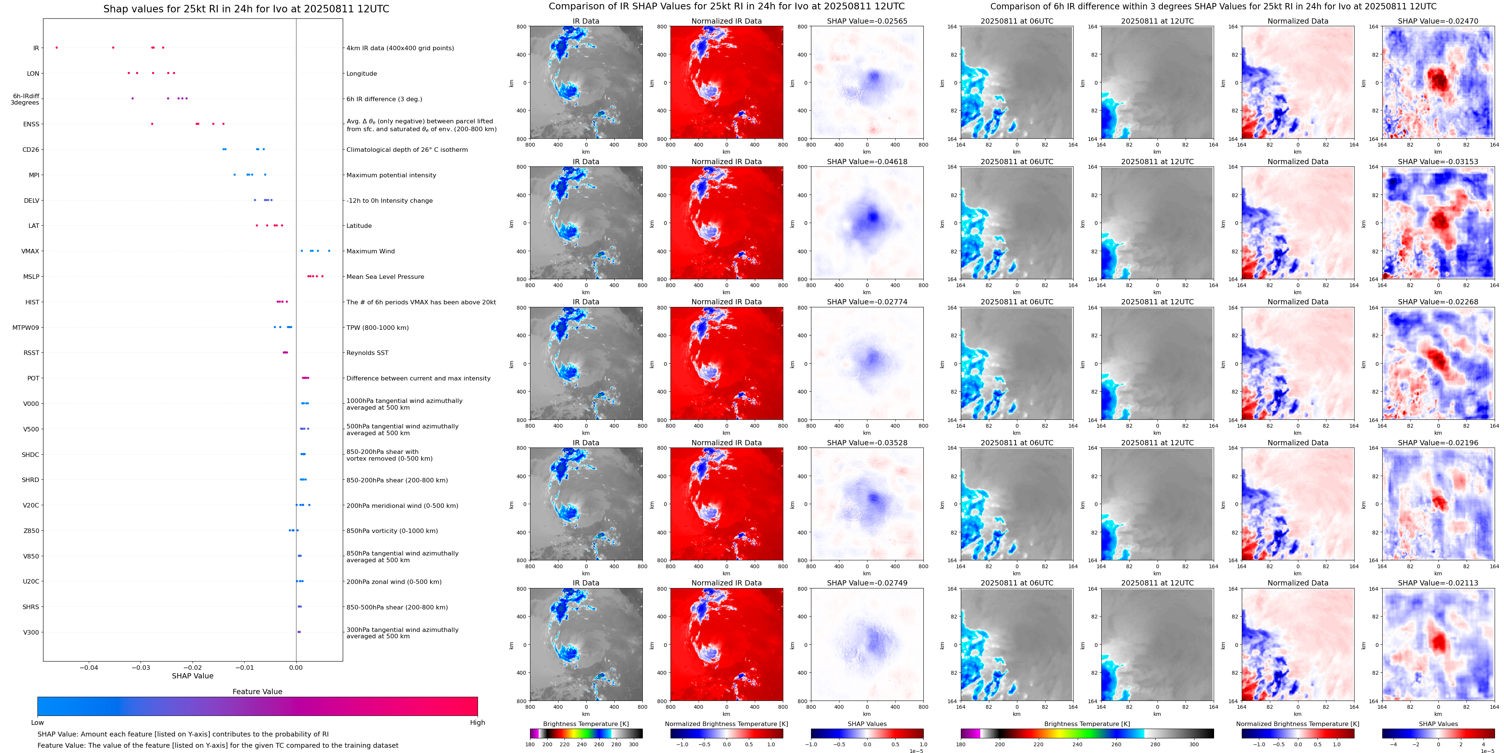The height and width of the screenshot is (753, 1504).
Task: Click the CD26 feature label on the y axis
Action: pyautogui.click(x=30, y=150)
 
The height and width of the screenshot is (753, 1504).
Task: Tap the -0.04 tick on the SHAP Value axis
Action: pyautogui.click(x=89, y=668)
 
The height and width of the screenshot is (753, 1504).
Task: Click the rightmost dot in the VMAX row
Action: pyautogui.click(x=329, y=251)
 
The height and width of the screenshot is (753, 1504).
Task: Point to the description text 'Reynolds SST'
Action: pyautogui.click(x=367, y=353)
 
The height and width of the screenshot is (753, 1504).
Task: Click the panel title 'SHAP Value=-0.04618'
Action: pyautogui.click(x=867, y=162)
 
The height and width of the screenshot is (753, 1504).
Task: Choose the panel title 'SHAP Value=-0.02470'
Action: pyautogui.click(x=1438, y=21)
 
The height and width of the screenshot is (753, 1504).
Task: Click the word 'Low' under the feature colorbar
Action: pyautogui.click(x=37, y=723)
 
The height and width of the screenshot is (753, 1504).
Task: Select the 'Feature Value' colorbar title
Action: pyautogui.click(x=257, y=692)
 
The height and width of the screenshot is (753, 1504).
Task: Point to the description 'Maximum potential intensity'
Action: pyautogui.click(x=391, y=175)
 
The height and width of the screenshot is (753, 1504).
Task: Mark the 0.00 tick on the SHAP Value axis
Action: pyautogui.click(x=296, y=668)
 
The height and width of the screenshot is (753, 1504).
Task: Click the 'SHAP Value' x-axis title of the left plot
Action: pyautogui.click(x=193, y=676)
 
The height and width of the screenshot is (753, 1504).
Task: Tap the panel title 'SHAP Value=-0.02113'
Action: pyautogui.click(x=1438, y=583)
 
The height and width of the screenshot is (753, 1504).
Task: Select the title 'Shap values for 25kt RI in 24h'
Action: pyautogui.click(x=246, y=9)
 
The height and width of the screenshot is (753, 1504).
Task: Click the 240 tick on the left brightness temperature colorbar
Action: pyautogui.click(x=581, y=744)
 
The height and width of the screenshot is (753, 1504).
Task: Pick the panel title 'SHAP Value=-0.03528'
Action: pyautogui.click(x=867, y=443)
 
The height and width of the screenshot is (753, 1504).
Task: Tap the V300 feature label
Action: pyautogui.click(x=31, y=632)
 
